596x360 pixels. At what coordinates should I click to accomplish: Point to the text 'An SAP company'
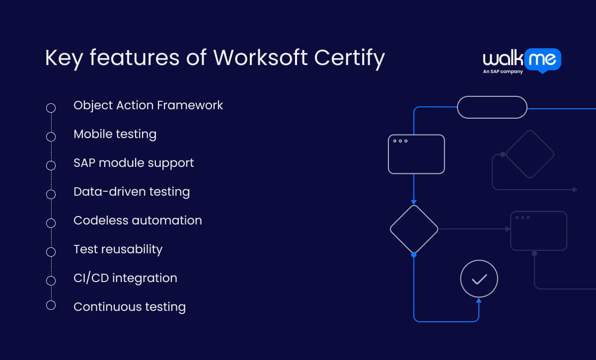pos(503,72)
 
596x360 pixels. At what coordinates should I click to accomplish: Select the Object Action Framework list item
pos(148,105)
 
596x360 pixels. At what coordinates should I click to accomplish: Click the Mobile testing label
pos(115,134)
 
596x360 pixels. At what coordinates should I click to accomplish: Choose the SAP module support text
pos(134,163)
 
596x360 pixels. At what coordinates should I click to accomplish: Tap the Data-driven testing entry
pos(132,192)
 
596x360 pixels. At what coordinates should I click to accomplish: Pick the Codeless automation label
pos(138,220)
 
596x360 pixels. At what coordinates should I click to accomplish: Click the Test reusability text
pos(118,249)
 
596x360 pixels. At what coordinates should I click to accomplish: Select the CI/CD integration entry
pos(125,278)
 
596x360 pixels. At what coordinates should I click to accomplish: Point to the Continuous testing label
pos(130,307)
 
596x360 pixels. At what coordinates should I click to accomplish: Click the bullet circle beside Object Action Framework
pos(51,108)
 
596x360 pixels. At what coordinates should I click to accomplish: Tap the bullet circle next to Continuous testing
pos(51,305)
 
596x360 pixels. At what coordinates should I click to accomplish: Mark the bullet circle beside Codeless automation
pos(51,223)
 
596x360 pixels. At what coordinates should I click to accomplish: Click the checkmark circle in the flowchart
pos(479,279)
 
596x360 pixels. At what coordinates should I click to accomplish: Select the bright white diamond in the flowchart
pos(414,229)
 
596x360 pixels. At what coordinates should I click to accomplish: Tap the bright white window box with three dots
pos(416,154)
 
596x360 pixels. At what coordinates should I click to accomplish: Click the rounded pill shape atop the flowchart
pos(492,107)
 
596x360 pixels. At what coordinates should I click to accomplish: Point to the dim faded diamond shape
pos(529,154)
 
